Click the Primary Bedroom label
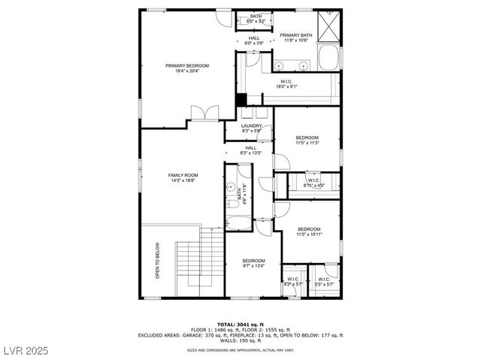pos(187,68)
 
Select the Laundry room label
pos(252,129)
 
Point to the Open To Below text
pos(158,260)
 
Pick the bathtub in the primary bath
pos(328,58)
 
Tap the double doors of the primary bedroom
pos(204,113)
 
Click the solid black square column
pos(241,100)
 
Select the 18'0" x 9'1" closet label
pos(286,84)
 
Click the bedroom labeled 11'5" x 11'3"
pos(307,141)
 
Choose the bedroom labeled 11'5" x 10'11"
pos(309,231)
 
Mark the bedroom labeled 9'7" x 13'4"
pos(253,263)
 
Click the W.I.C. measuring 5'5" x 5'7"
pos(324,281)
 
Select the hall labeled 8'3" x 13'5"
pos(251,150)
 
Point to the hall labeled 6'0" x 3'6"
pos(254,41)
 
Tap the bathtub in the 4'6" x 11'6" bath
pos(239,223)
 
